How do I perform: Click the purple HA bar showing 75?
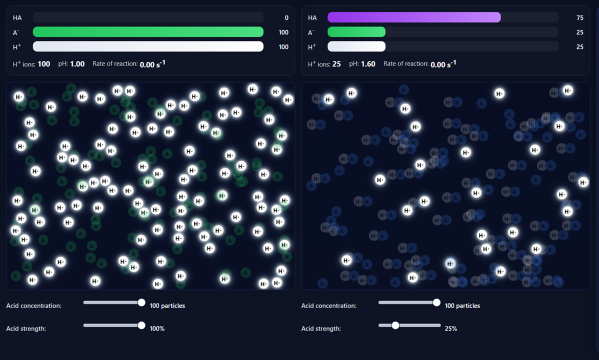pyautogui.click(x=414, y=17)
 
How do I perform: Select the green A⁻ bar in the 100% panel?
pyautogui.click(x=148, y=32)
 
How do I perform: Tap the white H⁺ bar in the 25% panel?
pyautogui.click(x=356, y=46)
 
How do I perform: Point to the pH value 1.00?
pyautogui.click(x=77, y=64)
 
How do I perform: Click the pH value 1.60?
pyautogui.click(x=368, y=64)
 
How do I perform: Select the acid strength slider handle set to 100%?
pyautogui.click(x=141, y=325)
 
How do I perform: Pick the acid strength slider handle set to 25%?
pyautogui.click(x=395, y=325)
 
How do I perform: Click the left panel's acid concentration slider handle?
pyautogui.click(x=141, y=302)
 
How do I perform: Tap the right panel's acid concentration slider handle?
pyautogui.click(x=436, y=302)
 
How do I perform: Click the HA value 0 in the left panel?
pyautogui.click(x=286, y=18)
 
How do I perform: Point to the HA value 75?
pyautogui.click(x=580, y=18)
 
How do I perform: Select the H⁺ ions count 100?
pyautogui.click(x=44, y=64)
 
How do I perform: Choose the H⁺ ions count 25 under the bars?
pyautogui.click(x=336, y=64)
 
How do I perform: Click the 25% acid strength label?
pyautogui.click(x=451, y=328)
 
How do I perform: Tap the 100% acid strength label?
pyautogui.click(x=157, y=328)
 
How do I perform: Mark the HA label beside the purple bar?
pyautogui.click(x=312, y=18)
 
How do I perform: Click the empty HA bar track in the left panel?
pyautogui.click(x=148, y=17)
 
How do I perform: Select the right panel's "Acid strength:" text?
pyautogui.click(x=321, y=328)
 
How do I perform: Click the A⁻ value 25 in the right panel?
pyautogui.click(x=580, y=32)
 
